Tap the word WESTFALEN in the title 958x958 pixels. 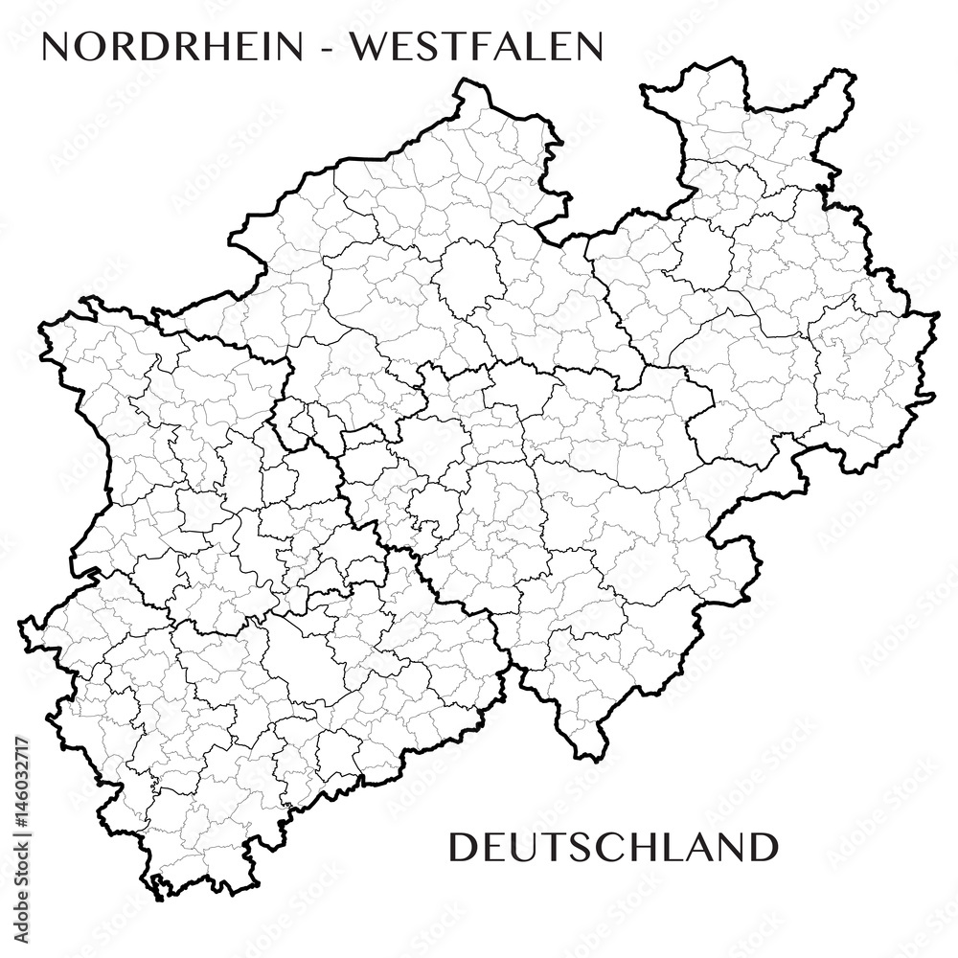point(476,47)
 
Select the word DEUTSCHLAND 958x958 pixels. point(613,847)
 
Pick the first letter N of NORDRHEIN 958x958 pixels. point(58,47)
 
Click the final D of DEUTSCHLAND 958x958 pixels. point(763,847)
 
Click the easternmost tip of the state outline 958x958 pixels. point(938,314)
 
